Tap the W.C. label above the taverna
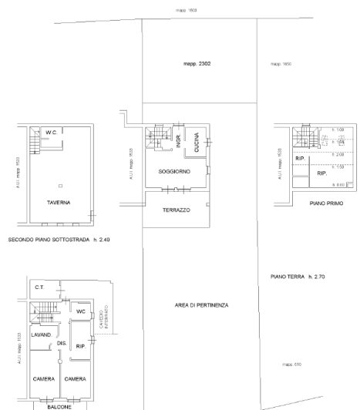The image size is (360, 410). click(x=52, y=133)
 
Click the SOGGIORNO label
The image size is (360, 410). click(x=175, y=171)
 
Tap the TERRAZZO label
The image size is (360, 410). click(x=177, y=210)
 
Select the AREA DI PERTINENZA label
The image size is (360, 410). click(x=200, y=305)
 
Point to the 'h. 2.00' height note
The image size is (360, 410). click(x=338, y=155)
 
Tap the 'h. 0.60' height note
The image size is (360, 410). click(x=338, y=186)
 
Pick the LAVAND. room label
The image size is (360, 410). click(x=40, y=335)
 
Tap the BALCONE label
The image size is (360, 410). click(x=59, y=403)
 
